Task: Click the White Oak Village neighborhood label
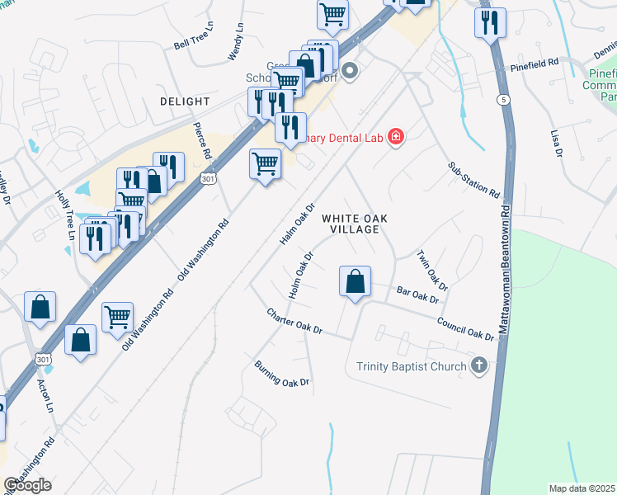coord(354,224)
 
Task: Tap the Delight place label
coord(185,101)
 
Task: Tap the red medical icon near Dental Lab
coord(396,136)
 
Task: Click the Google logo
coord(27,485)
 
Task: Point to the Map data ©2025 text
coord(582,488)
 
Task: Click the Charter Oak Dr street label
coord(294,323)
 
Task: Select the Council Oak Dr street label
coord(465,329)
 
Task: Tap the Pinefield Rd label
coord(535,63)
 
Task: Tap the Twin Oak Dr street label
coord(432,271)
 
